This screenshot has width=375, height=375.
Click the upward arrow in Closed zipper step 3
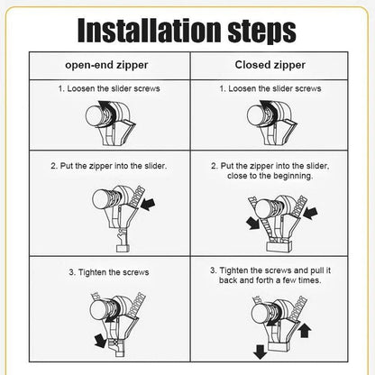click(303, 330)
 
